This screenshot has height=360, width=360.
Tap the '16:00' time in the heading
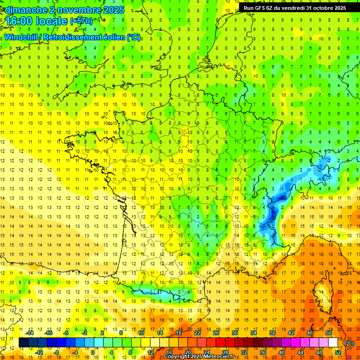[19, 21]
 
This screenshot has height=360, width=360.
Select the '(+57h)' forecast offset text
[81, 21]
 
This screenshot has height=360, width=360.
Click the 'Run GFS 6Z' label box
[295, 8]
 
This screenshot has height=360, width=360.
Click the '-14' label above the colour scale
[30, 333]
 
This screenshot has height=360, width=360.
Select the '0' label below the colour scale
[92, 352]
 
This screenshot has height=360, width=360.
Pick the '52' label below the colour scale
[338, 352]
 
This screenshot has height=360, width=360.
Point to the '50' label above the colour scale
[329, 333]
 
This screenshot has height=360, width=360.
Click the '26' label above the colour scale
[216, 333]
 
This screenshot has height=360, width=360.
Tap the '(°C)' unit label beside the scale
[349, 343]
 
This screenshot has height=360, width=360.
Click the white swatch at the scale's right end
[333, 343]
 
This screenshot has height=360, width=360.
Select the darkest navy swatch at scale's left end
[23, 343]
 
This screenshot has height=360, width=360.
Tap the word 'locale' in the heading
[51, 21]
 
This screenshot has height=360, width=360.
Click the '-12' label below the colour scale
[40, 352]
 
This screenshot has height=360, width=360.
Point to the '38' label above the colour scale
[272, 333]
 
